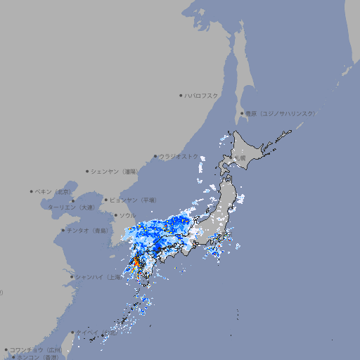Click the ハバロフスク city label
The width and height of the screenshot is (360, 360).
pyautogui.click(x=202, y=95)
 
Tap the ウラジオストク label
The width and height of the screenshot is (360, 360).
pyautogui.click(x=179, y=157)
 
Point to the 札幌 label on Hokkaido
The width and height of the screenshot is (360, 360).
pyautogui.click(x=241, y=158)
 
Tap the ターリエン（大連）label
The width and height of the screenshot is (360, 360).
pyautogui.click(x=71, y=207)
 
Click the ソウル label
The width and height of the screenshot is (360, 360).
pyautogui.click(x=127, y=215)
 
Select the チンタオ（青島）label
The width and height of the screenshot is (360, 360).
pyautogui.click(x=88, y=231)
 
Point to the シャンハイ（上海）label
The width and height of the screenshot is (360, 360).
pyautogui.click(x=98, y=277)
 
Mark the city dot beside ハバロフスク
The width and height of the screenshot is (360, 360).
pyautogui.click(x=181, y=95)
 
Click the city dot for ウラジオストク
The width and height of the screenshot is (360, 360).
pyautogui.click(x=155, y=157)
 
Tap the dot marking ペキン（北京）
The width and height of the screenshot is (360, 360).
pyautogui.click(x=32, y=191)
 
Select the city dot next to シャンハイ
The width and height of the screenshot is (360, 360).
pyautogui.click(x=72, y=277)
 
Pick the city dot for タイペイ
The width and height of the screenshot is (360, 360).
pyautogui.click(x=72, y=333)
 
